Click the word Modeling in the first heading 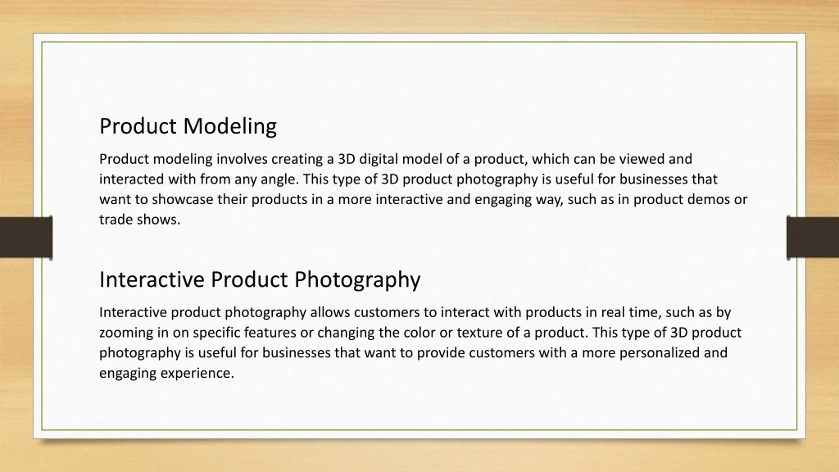229,127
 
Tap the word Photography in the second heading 357,280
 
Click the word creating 296,160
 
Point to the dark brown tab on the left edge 26,238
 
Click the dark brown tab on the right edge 813,238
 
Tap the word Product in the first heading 138,127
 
